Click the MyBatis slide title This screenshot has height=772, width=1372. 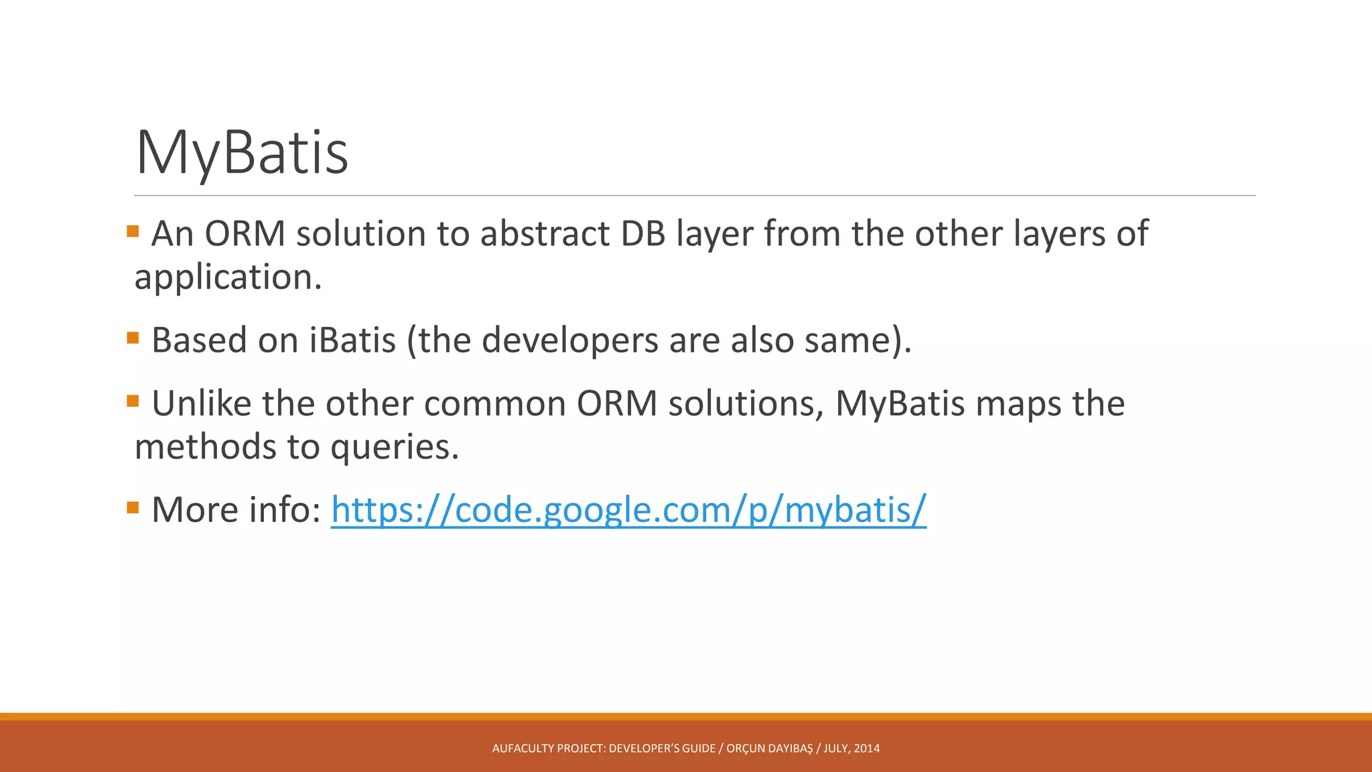click(242, 153)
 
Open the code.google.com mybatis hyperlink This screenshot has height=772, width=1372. click(628, 510)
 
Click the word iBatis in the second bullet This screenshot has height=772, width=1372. click(352, 340)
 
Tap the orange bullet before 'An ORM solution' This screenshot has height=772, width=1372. click(133, 232)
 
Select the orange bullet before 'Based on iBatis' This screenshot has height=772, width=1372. click(133, 338)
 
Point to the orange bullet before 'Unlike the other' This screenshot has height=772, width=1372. click(133, 401)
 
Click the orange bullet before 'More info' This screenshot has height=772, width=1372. click(133, 507)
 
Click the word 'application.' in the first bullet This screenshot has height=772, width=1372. click(228, 277)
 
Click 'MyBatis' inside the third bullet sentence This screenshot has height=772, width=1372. click(900, 404)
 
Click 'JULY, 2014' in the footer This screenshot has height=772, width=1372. click(851, 749)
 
